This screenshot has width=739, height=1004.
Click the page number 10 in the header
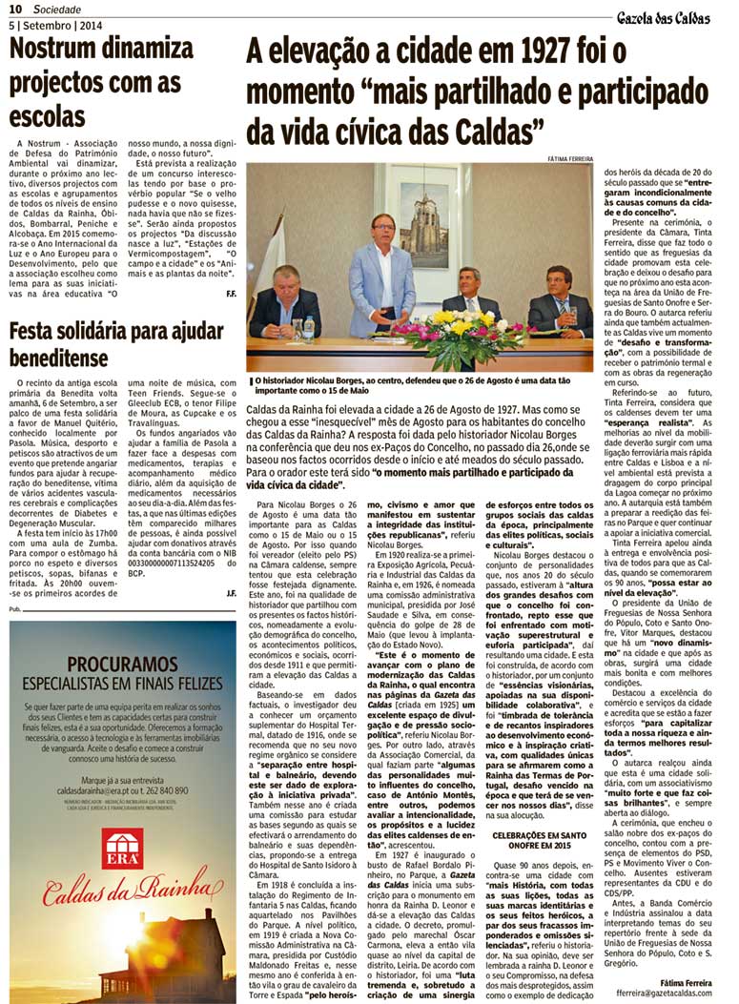[x=16, y=10]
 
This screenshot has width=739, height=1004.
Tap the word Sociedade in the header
[x=59, y=10]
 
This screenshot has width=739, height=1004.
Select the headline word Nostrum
[x=61, y=51]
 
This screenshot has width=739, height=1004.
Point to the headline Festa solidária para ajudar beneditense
[x=115, y=345]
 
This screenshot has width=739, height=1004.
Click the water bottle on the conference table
[x=309, y=329]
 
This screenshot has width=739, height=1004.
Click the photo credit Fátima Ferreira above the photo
[x=570, y=158]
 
